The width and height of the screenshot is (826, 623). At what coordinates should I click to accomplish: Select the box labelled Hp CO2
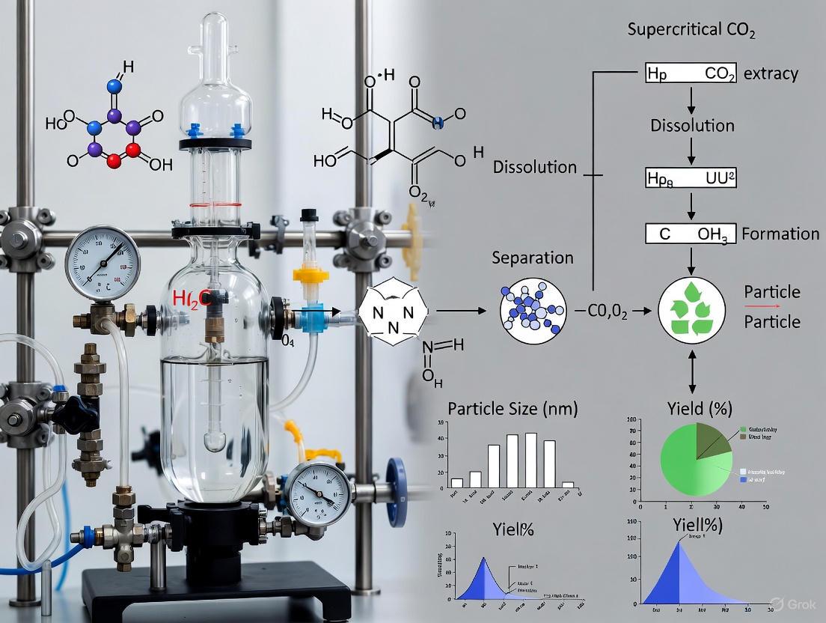tap(691, 73)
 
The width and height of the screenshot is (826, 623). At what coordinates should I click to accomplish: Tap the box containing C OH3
tap(691, 234)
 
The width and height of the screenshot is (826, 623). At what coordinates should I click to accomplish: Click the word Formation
tap(780, 234)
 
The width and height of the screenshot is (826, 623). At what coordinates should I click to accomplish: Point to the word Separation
tap(532, 258)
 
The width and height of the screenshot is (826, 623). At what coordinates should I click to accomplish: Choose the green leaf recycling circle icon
tap(691, 309)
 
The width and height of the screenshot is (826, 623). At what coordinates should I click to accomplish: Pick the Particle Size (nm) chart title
tap(513, 409)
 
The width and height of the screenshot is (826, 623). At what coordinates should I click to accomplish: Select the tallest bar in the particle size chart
tap(531, 460)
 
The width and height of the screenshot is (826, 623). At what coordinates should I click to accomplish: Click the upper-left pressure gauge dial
tap(103, 264)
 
